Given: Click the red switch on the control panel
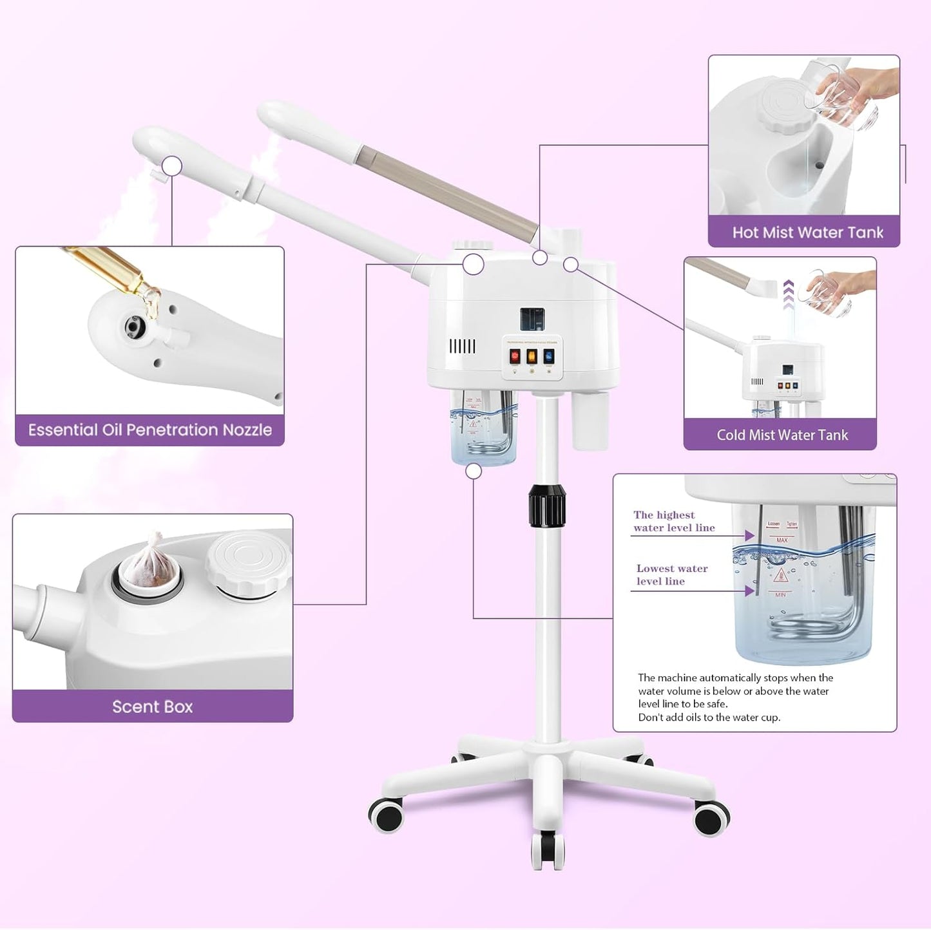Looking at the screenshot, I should [515, 356].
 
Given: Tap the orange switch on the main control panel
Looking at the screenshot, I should [532, 356].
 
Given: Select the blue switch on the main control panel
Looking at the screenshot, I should [548, 356].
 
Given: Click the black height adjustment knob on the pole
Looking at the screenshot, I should [546, 506].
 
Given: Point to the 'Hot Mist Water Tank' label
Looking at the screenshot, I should [807, 232].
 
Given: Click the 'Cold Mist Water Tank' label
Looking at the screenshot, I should [782, 435].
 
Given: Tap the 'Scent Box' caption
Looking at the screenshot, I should [153, 707].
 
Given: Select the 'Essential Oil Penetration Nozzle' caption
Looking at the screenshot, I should [150, 430].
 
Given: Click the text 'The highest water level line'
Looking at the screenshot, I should [673, 521].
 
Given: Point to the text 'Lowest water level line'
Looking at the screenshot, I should [671, 574].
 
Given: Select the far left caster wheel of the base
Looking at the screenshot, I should [385, 815].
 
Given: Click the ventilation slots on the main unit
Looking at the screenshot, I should [462, 346].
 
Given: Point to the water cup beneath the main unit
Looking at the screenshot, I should [483, 428].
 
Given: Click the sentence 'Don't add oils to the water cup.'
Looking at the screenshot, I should [709, 717].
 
